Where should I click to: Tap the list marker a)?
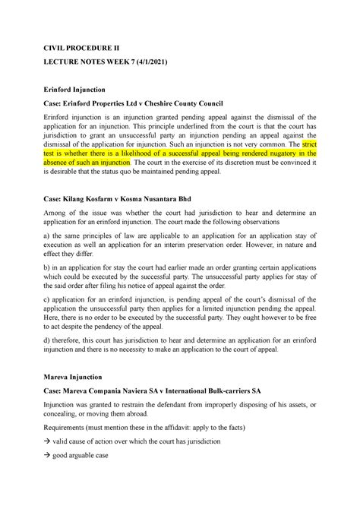pos(49,238)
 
